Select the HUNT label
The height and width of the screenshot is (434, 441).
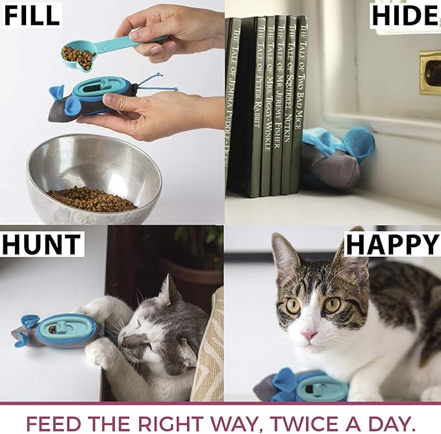[41, 244]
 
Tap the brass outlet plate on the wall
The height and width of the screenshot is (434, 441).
[429, 72]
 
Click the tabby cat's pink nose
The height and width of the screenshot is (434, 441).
[309, 335]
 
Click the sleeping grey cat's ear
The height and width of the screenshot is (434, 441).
[170, 290]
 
